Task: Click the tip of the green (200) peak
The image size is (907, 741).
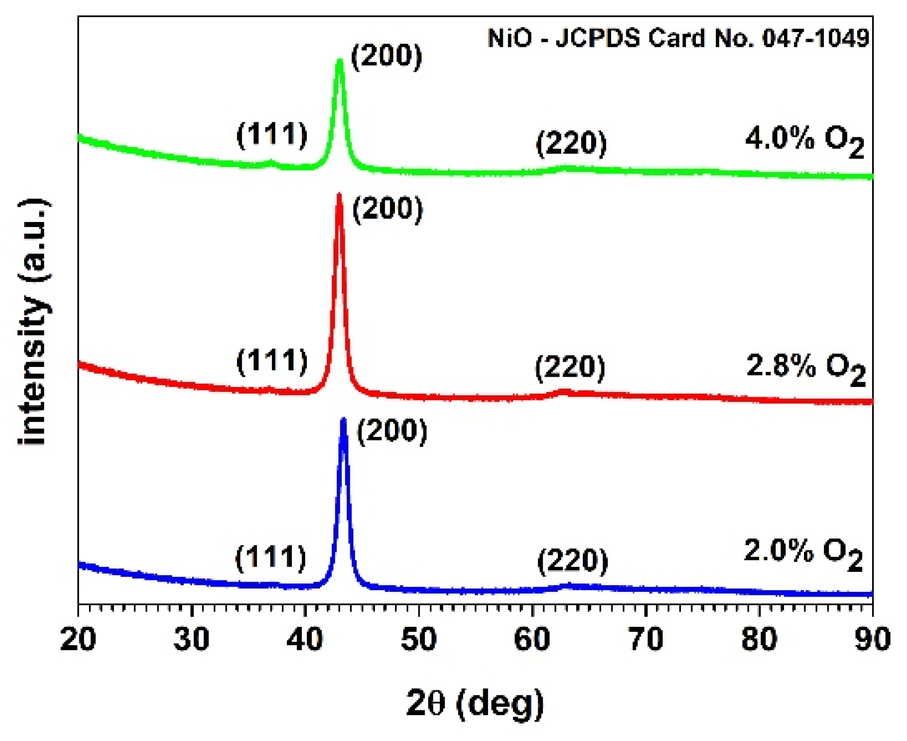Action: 340,61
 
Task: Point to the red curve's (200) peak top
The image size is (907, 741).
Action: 339,195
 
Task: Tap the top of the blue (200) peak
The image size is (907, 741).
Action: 343,420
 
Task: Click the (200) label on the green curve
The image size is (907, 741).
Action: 386,56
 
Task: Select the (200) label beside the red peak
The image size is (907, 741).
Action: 388,209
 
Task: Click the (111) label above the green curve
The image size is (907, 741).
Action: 272,135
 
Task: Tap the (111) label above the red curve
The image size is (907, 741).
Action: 272,361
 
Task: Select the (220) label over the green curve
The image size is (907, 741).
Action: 572,143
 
